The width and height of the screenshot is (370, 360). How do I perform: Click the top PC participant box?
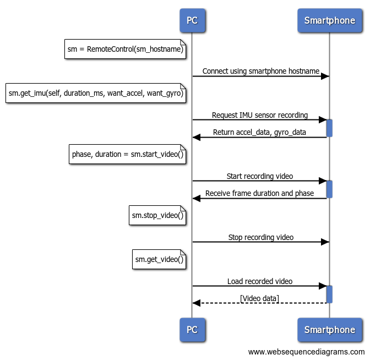tap(192, 21)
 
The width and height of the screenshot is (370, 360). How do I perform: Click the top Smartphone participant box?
tap(329, 21)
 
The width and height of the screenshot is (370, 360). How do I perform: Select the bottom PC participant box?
tap(192, 330)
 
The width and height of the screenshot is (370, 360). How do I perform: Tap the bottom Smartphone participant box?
tap(329, 330)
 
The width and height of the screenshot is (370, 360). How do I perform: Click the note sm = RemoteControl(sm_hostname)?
tap(126, 50)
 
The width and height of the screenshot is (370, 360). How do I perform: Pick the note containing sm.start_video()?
tap(128, 154)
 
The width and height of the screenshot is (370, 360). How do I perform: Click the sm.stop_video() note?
tap(157, 215)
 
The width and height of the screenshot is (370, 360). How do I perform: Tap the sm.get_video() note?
tap(159, 259)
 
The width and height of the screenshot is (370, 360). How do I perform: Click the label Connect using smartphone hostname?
tap(260, 71)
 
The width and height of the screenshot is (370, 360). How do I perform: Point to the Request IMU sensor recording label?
tap(260, 116)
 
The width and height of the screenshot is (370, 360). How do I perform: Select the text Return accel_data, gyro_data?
tap(260, 133)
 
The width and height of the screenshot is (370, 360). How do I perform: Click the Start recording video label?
tap(260, 176)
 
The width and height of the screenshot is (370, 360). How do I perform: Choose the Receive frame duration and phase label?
tap(260, 193)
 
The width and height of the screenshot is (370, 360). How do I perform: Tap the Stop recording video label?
tap(260, 237)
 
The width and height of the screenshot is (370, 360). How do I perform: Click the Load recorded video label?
tap(260, 281)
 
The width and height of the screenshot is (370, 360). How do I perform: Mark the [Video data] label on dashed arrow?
tap(260, 298)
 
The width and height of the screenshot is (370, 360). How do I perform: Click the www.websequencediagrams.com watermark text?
tap(306, 352)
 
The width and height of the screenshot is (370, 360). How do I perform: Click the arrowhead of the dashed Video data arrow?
tap(196, 303)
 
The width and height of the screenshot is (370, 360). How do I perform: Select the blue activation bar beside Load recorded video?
tap(329, 294)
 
